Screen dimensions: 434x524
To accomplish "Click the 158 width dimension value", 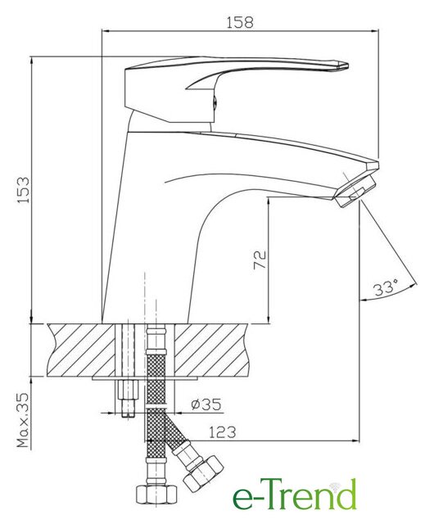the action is tap(240, 22).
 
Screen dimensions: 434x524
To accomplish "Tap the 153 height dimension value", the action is tap(24, 190).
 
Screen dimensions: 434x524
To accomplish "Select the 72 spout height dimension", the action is tap(260, 260).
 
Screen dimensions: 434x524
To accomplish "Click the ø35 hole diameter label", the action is tap(206, 404).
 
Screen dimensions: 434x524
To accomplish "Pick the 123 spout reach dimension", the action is tap(223, 432).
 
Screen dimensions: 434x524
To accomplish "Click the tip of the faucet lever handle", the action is tap(348, 66).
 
